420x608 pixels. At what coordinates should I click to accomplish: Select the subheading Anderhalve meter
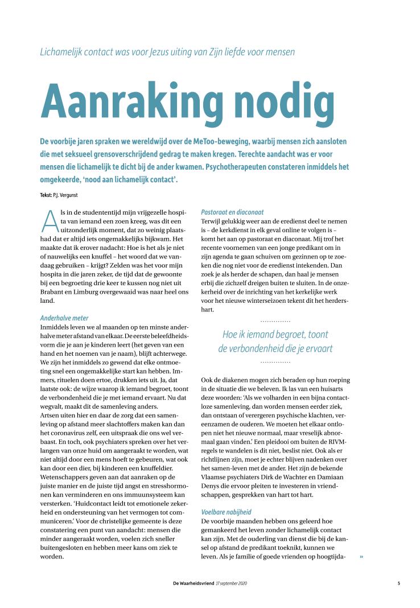(x=64, y=318)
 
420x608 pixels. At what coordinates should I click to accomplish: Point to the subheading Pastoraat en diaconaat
(x=232, y=212)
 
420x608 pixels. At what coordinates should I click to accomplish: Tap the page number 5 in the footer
(x=399, y=584)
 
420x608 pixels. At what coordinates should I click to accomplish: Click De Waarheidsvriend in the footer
(x=193, y=584)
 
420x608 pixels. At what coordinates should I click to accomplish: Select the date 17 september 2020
(x=232, y=584)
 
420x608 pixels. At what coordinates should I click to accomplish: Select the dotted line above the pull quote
(x=275, y=322)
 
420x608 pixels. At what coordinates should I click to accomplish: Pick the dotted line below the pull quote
(x=275, y=362)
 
